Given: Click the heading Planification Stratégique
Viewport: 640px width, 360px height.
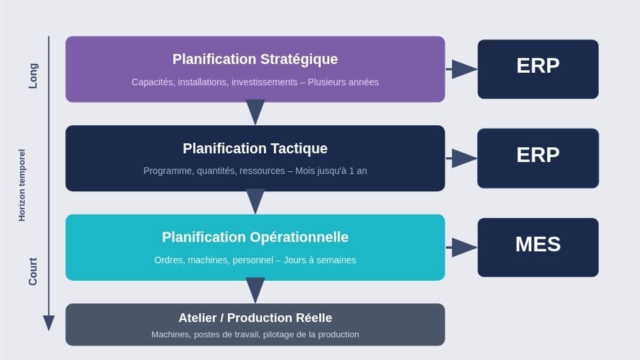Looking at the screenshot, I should click(x=255, y=59).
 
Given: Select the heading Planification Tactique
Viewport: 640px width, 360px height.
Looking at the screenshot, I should click(x=255, y=149).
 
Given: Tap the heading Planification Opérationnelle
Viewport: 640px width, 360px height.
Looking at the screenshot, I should click(x=255, y=237).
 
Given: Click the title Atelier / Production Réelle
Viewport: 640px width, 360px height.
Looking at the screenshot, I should click(x=255, y=318).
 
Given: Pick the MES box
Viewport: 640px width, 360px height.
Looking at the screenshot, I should click(x=537, y=247).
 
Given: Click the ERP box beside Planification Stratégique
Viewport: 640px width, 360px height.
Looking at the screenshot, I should click(x=537, y=69).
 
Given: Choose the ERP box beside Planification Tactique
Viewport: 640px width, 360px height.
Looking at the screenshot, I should click(x=537, y=158).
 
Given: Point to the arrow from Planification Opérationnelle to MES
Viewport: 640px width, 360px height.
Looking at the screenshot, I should click(x=461, y=247).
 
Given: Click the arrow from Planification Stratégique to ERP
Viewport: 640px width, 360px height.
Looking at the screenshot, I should click(x=461, y=69).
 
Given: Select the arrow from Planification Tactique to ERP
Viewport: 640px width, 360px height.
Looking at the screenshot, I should click(x=461, y=158).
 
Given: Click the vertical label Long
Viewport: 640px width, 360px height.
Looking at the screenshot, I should click(x=33, y=76).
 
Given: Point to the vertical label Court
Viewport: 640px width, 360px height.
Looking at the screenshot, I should click(x=33, y=271).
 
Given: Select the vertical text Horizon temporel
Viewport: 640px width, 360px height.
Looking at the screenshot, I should click(x=21, y=185).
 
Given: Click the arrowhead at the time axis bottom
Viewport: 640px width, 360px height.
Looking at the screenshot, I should click(x=49, y=323).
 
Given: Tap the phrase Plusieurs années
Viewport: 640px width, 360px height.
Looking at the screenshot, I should click(x=343, y=82).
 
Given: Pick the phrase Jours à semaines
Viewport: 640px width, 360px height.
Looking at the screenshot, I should click(x=320, y=260).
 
